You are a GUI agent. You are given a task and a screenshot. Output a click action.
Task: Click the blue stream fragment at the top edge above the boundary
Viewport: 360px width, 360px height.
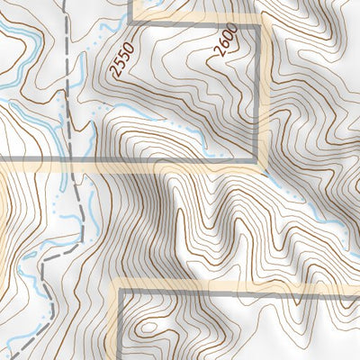(153, 4)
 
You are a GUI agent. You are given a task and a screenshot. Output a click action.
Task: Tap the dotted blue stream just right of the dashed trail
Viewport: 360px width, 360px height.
(90, 135)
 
